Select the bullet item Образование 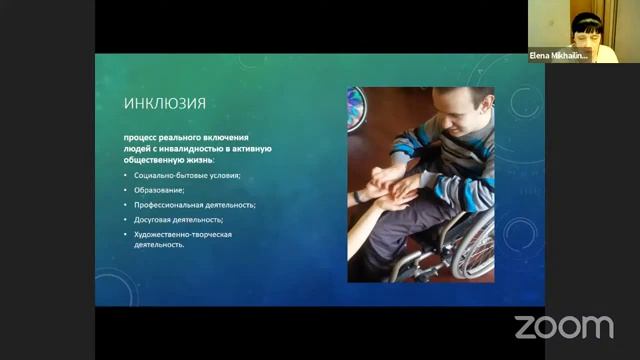pos(159,189)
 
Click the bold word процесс pos(139,136)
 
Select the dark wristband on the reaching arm pos(357,197)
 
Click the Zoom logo pos(563,326)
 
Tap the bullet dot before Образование pos(125,189)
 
